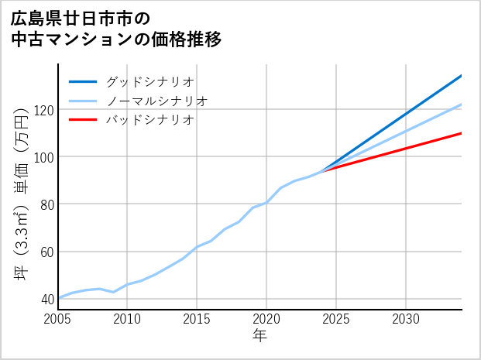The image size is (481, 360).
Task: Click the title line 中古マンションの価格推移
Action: [116, 39]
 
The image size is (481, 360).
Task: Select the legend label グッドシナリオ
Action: [149, 81]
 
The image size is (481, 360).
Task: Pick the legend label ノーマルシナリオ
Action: [156, 101]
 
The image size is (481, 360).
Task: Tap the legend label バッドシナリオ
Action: [149, 120]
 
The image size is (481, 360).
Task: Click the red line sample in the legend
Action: [83, 120]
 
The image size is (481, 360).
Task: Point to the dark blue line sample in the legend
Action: [83, 81]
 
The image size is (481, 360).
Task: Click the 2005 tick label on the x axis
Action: [58, 319]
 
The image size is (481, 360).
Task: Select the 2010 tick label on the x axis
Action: [128, 319]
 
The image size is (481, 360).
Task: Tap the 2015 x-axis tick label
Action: [198, 319]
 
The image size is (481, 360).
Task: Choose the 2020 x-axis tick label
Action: [267, 319]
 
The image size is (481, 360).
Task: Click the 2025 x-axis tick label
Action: [337, 319]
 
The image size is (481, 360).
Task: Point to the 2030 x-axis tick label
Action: [407, 319]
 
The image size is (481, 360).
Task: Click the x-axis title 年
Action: [259, 336]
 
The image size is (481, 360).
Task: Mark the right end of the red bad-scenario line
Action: [462, 133]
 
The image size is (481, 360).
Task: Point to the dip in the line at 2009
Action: [114, 292]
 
